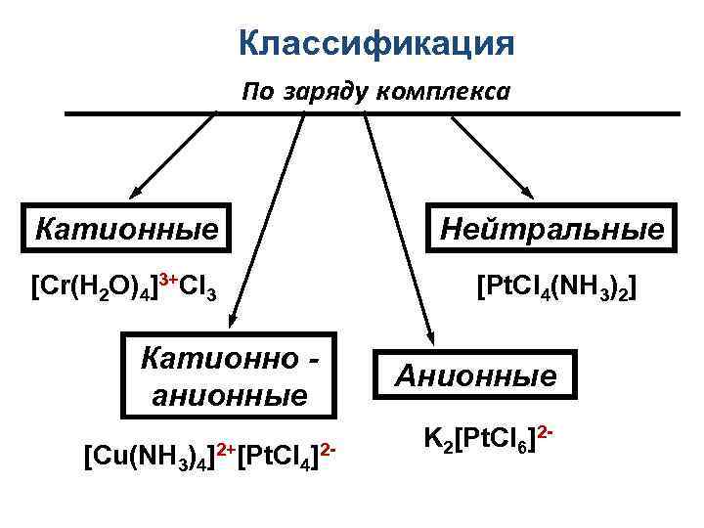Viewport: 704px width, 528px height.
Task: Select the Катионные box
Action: click(126, 230)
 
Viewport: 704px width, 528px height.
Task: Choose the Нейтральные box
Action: click(552, 230)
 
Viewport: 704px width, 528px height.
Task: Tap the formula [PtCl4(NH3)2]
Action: click(556, 288)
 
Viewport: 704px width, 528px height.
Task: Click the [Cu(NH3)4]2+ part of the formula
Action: click(160, 455)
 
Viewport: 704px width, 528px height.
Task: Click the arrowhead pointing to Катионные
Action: click(136, 194)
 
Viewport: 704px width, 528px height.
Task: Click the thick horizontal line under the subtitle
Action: click(372, 114)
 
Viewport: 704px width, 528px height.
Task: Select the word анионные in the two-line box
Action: click(233, 396)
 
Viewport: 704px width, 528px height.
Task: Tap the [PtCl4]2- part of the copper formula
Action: click(289, 455)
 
